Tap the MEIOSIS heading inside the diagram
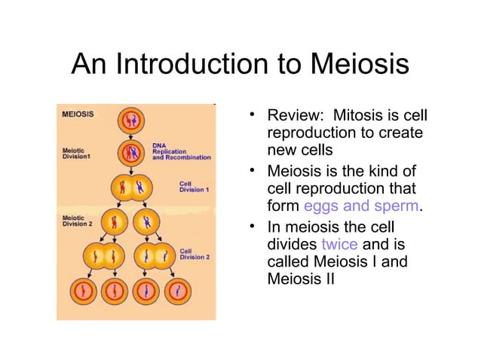78,115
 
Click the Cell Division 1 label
194,186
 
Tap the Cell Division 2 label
194,252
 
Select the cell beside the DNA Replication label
130,153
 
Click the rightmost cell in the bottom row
176,289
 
